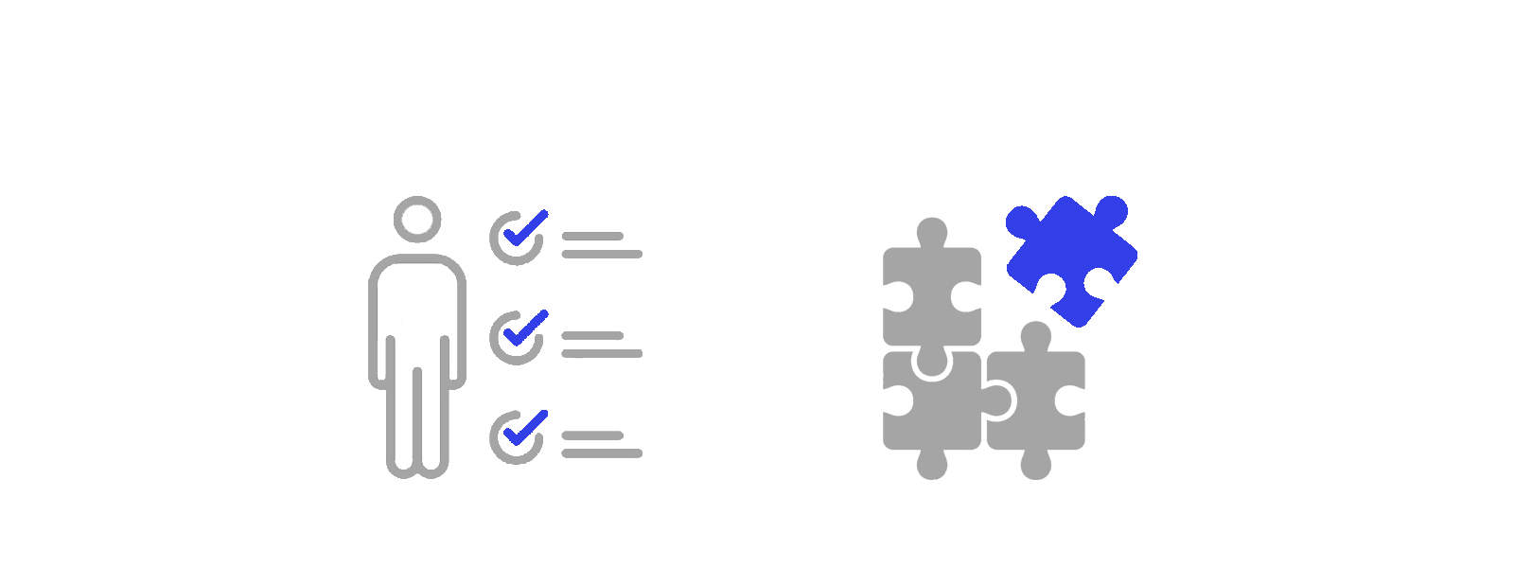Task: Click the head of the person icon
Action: pyautogui.click(x=417, y=219)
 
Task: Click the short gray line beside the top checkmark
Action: pyautogui.click(x=592, y=236)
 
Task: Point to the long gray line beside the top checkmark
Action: pyautogui.click(x=602, y=254)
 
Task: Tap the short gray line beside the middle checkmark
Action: pyautogui.click(x=592, y=335)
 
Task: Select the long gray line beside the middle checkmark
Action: pyautogui.click(x=602, y=353)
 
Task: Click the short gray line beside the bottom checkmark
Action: pyautogui.click(x=592, y=435)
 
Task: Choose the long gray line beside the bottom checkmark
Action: pyautogui.click(x=602, y=453)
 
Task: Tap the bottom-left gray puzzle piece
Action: pyautogui.click(x=927, y=402)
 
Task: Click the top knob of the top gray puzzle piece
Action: pyautogui.click(x=932, y=231)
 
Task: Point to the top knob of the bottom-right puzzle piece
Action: pyautogui.click(x=1036, y=335)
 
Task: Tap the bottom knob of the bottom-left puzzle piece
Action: pyautogui.click(x=932, y=465)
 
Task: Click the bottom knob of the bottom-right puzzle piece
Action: pyautogui.click(x=1035, y=465)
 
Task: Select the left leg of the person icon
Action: pyautogui.click(x=401, y=417)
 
